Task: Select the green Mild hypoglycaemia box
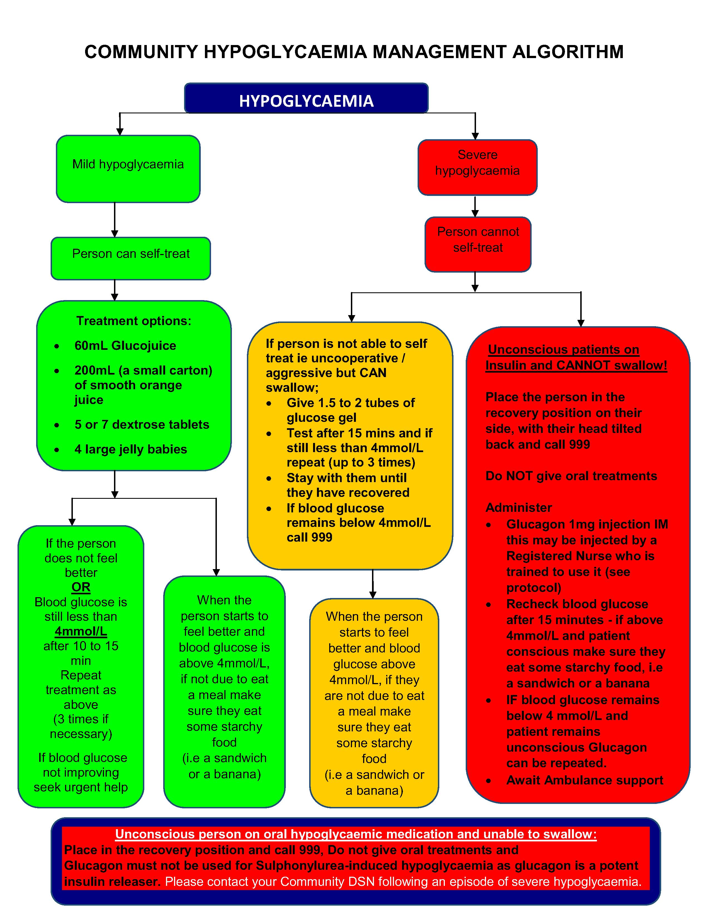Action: click(128, 168)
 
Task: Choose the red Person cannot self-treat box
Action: click(478, 244)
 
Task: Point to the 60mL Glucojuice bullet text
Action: click(125, 346)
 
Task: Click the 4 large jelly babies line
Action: click(131, 449)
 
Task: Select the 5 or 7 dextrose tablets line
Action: click(142, 425)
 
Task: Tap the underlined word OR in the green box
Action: click(81, 587)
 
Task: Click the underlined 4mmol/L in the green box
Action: click(81, 631)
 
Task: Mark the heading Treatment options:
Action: click(133, 321)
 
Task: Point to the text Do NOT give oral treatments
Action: click(571, 476)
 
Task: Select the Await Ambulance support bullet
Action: click(584, 780)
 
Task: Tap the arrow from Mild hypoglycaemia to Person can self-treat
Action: click(115, 220)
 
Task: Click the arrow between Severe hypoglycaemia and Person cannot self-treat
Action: click(475, 206)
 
